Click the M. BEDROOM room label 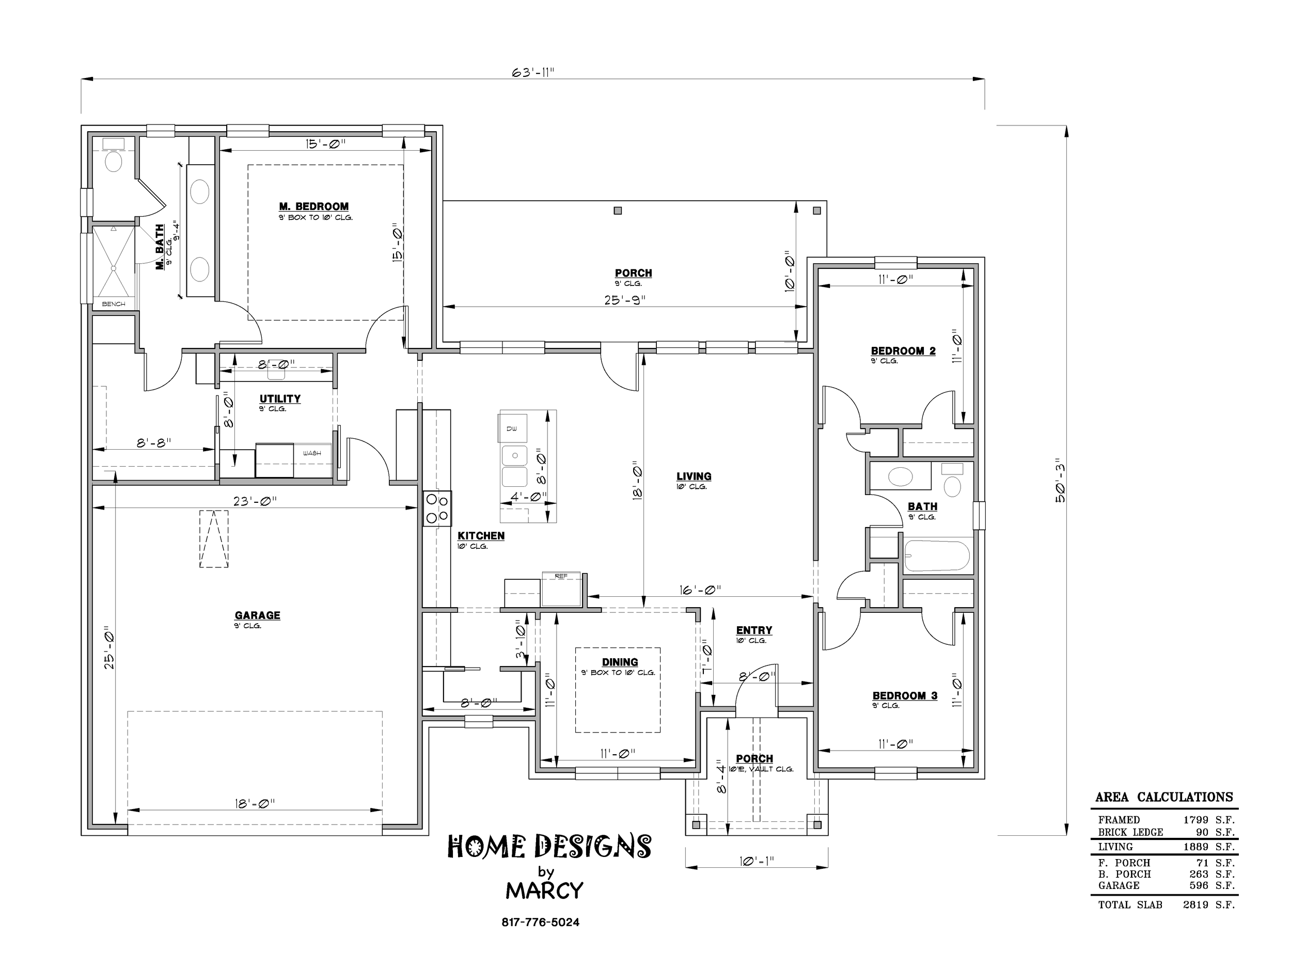314,207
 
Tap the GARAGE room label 257,615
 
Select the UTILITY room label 280,399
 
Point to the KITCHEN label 481,536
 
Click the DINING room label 620,662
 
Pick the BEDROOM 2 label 903,351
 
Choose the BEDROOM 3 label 905,695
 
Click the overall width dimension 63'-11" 533,72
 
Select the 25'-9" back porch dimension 624,300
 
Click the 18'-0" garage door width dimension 255,804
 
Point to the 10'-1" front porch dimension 757,861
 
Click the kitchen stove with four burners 437,508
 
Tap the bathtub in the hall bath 937,556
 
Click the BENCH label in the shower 114,304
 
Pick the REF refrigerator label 561,576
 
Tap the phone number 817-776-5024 541,923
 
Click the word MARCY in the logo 544,891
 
